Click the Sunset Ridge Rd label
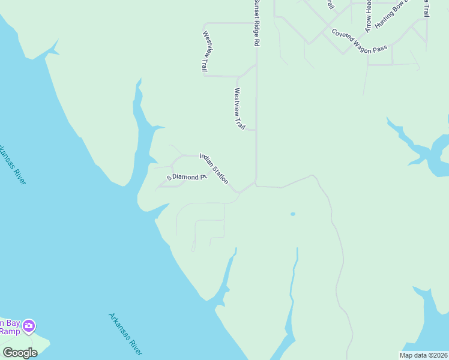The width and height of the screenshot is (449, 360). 256,23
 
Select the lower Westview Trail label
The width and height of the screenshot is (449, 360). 240,109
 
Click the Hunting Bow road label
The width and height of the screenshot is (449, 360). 391,13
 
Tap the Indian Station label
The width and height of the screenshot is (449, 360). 214,169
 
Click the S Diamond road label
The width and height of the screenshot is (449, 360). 187,177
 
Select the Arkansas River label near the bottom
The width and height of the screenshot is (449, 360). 125,334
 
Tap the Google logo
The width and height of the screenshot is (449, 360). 20,352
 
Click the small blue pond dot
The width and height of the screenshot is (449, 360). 293,214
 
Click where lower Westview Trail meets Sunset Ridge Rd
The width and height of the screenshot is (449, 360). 256,130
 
